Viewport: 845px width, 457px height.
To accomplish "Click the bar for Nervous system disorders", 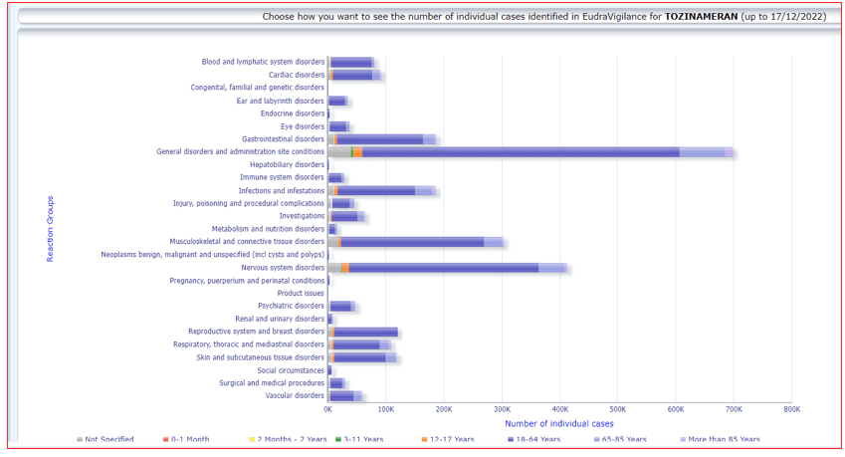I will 448,268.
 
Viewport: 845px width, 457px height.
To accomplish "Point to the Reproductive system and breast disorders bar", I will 364,332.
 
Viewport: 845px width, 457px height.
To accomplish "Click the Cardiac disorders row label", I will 296,75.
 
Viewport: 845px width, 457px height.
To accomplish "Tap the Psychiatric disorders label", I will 291,306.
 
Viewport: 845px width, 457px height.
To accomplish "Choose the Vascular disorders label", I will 295,395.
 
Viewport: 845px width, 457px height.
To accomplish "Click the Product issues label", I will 301,293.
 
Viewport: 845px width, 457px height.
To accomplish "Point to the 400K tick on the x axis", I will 559,409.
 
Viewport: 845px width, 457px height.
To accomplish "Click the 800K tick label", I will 791,409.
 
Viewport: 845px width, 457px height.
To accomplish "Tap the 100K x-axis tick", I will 385,409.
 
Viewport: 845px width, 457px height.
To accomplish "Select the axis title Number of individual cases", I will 559,423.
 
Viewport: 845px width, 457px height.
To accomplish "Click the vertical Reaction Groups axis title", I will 51,230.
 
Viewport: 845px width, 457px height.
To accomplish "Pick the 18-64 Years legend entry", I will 538,439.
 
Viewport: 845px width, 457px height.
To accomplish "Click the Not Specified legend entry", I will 108,439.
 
